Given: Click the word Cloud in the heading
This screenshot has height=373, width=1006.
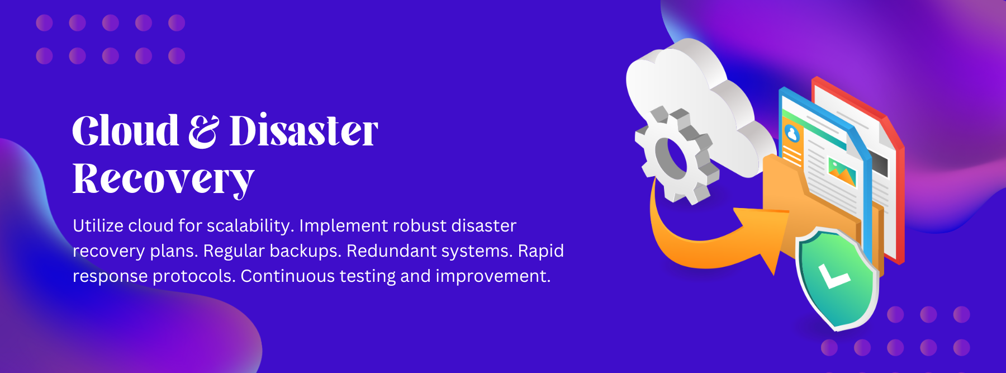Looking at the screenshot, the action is point(125,131).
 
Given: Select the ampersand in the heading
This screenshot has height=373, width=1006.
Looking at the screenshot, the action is point(203,131).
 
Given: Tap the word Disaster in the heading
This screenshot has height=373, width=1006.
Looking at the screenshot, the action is point(304,131).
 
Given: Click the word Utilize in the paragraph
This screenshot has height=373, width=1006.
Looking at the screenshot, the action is point(98,225).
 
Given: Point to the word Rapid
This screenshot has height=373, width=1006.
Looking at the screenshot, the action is point(540,252).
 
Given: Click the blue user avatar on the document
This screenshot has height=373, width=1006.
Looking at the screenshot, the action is point(792,133).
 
